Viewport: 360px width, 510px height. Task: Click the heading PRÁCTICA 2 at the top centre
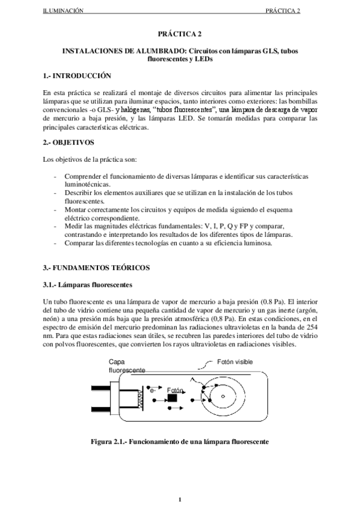pyautogui.click(x=180, y=35)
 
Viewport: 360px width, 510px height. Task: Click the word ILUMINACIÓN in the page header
pyautogui.click(x=63, y=11)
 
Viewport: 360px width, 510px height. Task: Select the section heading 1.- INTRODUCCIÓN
pyautogui.click(x=78, y=76)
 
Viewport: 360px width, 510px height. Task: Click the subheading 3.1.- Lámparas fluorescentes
pyautogui.click(x=88, y=284)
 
